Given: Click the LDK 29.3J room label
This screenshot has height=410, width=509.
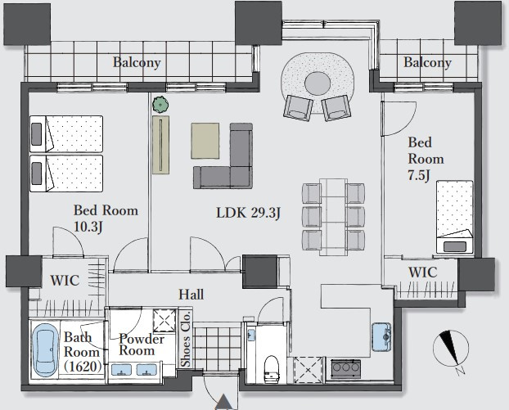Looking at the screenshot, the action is pos(248,213).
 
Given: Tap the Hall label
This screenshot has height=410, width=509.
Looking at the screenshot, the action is pos(191,294).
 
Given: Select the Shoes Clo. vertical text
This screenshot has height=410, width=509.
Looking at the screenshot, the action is pos(186,339).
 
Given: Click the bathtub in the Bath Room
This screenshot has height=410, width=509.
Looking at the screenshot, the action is pos(46,349).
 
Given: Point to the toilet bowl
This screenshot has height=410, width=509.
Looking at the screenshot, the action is pos(272,369).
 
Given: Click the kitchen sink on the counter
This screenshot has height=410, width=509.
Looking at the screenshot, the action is pos(381,337).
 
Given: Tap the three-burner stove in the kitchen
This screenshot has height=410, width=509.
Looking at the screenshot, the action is pos(345,368).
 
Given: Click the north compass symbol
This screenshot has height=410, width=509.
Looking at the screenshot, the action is pos(451,349).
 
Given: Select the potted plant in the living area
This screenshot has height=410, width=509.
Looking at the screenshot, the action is pos(160,105).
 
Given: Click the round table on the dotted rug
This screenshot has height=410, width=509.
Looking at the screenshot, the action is pos(318,83).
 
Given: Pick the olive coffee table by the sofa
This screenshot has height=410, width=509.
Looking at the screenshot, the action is pos(205,141).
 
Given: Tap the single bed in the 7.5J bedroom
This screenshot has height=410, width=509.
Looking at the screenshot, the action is pos(454,217).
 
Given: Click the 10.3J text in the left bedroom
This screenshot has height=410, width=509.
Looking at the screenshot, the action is pos(88,227).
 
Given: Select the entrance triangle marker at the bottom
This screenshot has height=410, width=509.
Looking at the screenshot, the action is pos(223,402).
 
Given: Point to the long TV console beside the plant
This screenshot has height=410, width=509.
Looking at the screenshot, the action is pos(160,145).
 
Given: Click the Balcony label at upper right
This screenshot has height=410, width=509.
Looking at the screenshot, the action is pos(427,62).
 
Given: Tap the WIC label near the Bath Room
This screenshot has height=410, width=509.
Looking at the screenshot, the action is pos(65,281).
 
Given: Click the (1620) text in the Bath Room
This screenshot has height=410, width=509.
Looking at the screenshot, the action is pos(83,367).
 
